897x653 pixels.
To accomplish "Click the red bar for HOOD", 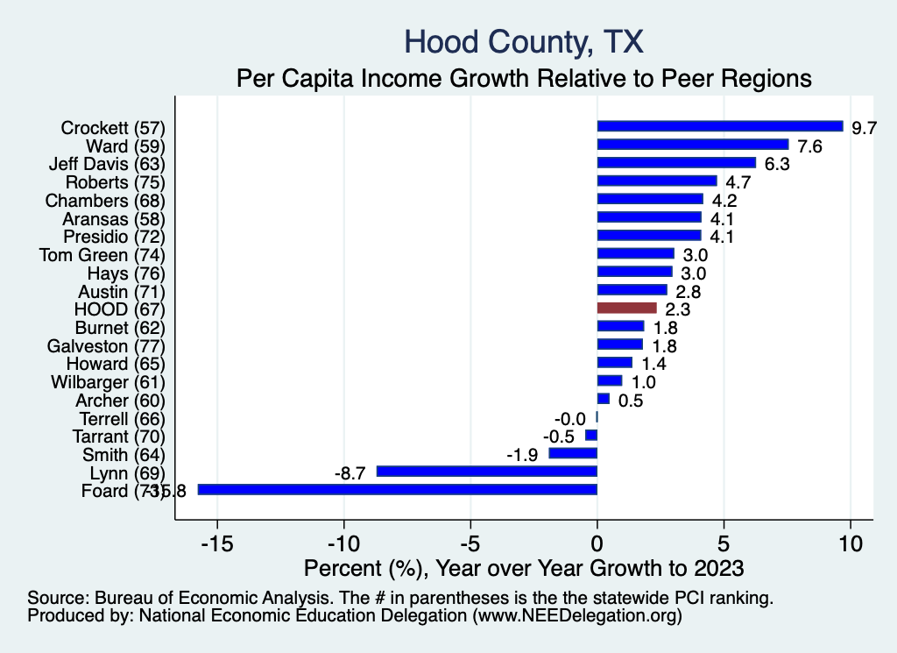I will [626, 308].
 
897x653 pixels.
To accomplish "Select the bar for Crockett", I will [719, 126].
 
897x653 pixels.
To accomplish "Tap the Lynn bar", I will [486, 472].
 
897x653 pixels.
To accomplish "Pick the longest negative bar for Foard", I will [397, 489].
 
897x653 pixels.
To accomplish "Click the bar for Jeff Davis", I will [675, 163].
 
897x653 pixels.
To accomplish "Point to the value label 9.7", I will [865, 128].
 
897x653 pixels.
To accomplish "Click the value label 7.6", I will [810, 146].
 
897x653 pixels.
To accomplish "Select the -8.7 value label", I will [351, 472].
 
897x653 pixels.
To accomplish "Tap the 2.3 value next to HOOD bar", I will [677, 309].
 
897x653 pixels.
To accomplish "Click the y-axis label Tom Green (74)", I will [102, 255].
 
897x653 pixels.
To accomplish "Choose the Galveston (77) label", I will [105, 345].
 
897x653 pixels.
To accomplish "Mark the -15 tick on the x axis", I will [216, 543].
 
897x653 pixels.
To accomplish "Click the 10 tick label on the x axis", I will [850, 543].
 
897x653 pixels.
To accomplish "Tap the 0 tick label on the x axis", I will [597, 543].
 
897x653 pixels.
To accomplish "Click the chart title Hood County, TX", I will [525, 41].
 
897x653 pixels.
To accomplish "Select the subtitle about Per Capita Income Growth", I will [525, 78].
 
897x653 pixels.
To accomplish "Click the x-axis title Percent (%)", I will [523, 568].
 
